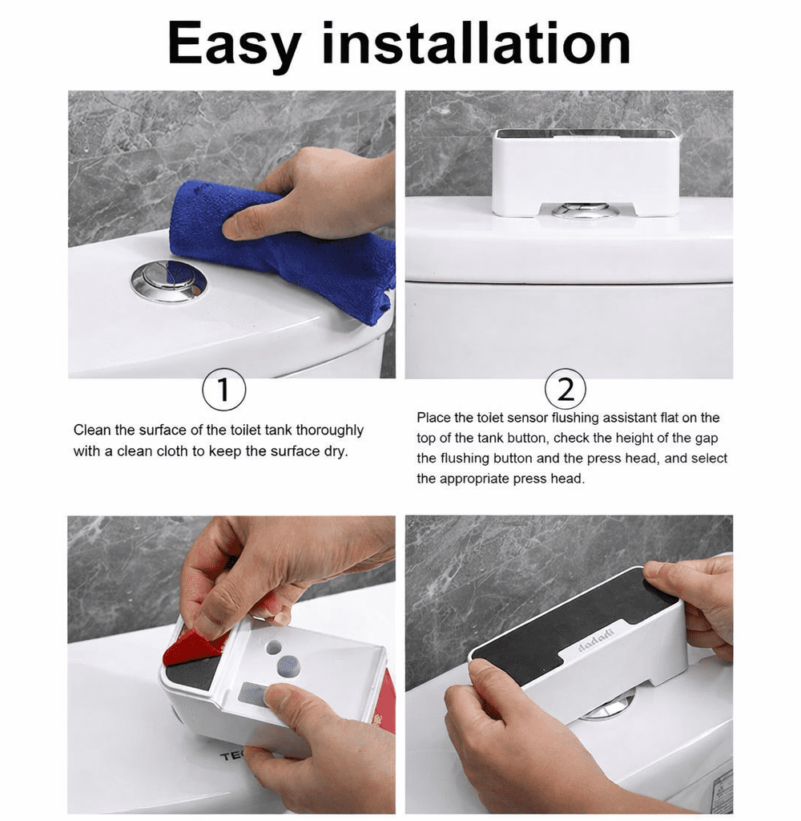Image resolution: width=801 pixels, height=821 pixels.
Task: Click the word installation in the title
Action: tap(476, 43)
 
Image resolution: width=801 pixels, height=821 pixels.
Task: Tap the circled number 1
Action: tap(224, 390)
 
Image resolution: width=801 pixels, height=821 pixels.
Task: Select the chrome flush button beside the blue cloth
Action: tap(168, 283)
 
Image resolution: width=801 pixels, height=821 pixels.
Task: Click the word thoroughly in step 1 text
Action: tap(329, 431)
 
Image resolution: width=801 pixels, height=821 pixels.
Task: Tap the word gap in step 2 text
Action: tap(706, 439)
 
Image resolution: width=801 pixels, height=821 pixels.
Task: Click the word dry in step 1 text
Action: tap(335, 452)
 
